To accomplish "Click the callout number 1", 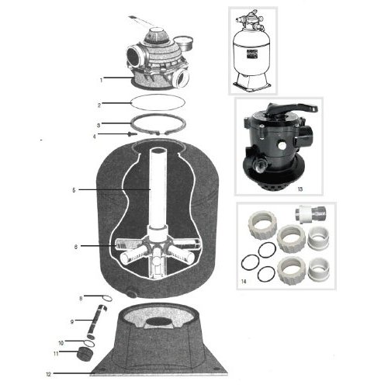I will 102,78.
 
